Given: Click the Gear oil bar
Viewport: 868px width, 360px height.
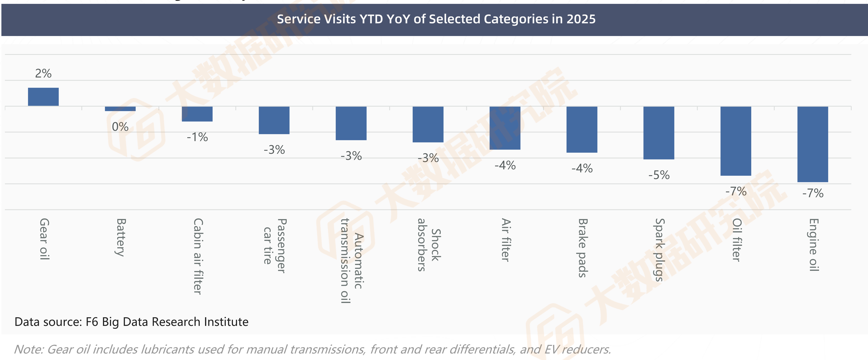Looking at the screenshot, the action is tap(43, 97).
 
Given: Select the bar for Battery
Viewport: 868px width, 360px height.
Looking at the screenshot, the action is tap(120, 109).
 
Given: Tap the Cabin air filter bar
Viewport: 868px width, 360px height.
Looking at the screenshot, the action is tap(197, 114).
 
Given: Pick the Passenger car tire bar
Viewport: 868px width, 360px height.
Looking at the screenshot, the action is tap(274, 120).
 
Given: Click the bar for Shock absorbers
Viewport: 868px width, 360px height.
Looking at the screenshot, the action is tap(428, 124).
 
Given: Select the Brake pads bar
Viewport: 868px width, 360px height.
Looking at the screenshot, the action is tap(582, 129).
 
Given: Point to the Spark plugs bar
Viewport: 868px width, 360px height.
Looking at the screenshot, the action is tap(659, 133).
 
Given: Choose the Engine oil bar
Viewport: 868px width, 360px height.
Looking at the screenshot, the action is tap(813, 144).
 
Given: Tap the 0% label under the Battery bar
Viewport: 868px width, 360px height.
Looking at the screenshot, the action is tap(120, 127).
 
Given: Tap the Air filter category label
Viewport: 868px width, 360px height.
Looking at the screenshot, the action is tap(505, 240).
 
